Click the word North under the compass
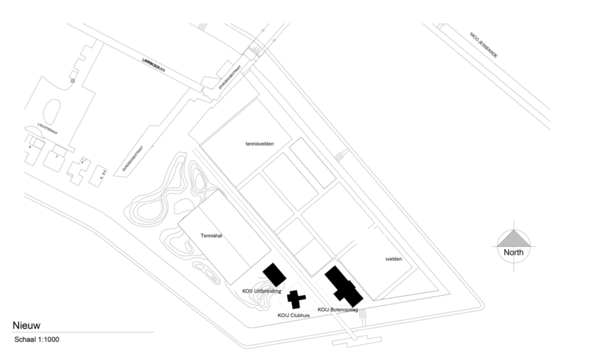514,252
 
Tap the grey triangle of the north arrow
514,239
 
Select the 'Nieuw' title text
26,325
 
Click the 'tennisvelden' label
261,143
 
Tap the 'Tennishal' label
211,236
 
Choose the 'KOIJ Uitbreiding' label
261,290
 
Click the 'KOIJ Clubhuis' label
294,315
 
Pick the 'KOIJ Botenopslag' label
338,310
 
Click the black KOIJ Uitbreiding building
274,274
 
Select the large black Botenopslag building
343,286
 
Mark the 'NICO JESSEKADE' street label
483,45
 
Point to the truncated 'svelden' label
394,259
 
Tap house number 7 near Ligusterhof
57,156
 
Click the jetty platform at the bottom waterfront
356,340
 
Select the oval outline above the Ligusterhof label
52,111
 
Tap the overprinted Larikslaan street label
153,65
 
